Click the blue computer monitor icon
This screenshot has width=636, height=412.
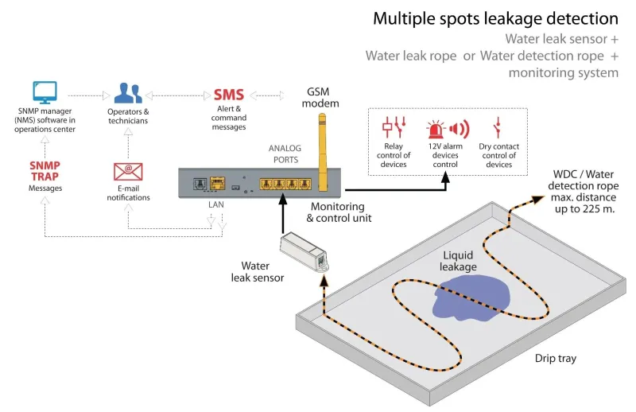45,92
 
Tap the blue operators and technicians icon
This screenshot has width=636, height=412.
128,93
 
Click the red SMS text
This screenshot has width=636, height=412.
229,95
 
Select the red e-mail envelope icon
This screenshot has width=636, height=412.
128,172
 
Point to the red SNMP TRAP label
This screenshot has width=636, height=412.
45,171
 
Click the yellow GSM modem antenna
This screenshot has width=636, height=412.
322,152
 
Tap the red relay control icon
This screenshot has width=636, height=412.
394,127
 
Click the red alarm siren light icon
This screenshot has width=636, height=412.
436,129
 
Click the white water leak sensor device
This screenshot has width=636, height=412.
304,251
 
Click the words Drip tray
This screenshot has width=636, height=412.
555,359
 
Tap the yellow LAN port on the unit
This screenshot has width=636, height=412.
218,184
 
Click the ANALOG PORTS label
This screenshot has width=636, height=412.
285,154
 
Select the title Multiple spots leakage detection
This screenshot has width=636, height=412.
495,18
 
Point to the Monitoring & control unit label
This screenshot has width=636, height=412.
339,212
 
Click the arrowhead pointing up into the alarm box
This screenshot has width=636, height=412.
445,177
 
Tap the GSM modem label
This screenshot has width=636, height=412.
320,97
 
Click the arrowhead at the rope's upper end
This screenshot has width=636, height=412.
538,200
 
